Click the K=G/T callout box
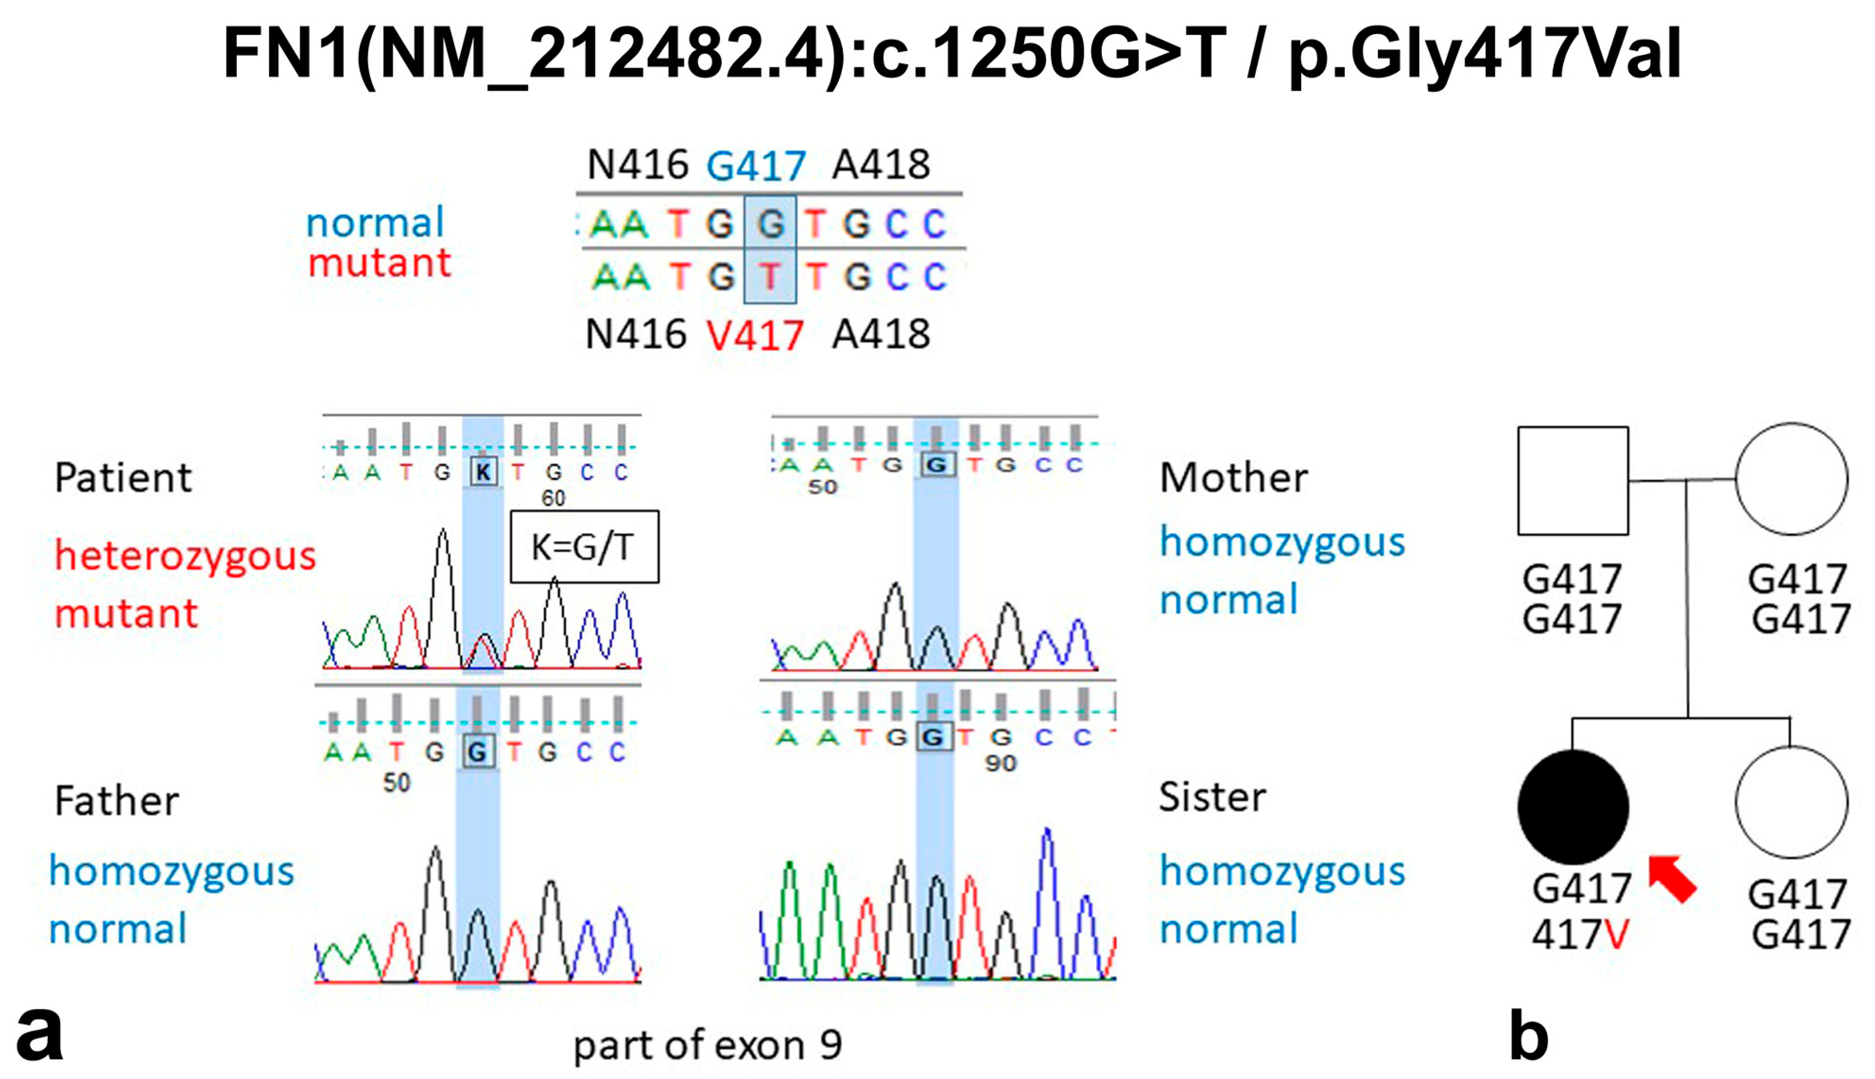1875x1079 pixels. point(584,546)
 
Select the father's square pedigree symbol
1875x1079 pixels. point(1573,480)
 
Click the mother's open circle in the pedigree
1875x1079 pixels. point(1791,479)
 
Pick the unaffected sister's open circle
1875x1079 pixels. point(1791,802)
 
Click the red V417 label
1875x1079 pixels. point(754,336)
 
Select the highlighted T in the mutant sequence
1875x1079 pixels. point(770,276)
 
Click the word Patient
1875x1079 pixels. point(123,477)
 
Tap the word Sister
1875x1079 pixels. point(1212,797)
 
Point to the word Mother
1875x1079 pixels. point(1233,477)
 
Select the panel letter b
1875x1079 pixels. point(1528,1037)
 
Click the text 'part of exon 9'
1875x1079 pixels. point(708,1045)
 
